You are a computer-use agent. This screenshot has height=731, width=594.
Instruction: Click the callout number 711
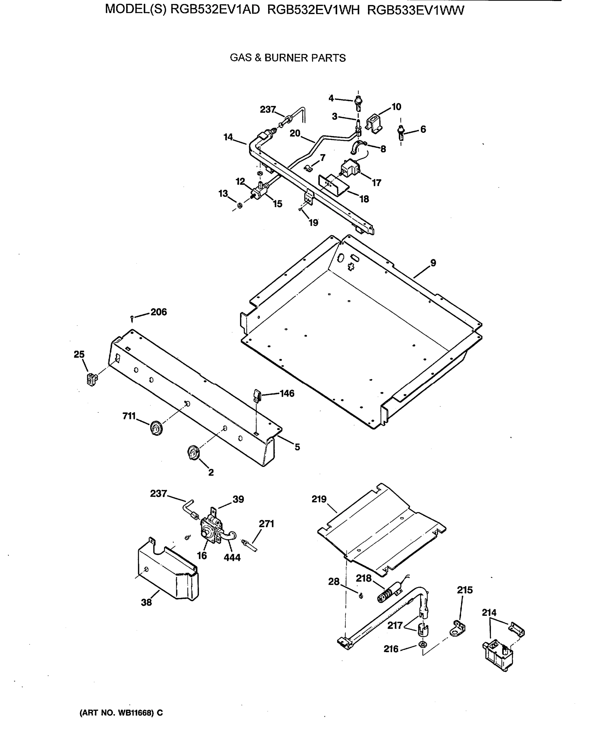pos(129,416)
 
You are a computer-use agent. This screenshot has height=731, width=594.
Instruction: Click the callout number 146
pos(287,394)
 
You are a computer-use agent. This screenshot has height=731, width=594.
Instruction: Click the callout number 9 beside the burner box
pos(433,263)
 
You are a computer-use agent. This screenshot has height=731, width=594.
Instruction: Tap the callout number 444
pos(232,557)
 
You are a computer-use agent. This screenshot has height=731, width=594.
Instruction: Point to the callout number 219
pos(319,499)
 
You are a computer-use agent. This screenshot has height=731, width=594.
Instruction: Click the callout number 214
pos(489,613)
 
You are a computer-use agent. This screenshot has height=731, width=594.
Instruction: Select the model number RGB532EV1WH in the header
pos(313,10)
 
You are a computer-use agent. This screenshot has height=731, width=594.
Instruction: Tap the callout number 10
pos(396,107)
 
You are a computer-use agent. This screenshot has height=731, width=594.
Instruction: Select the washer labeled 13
pos(240,205)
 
